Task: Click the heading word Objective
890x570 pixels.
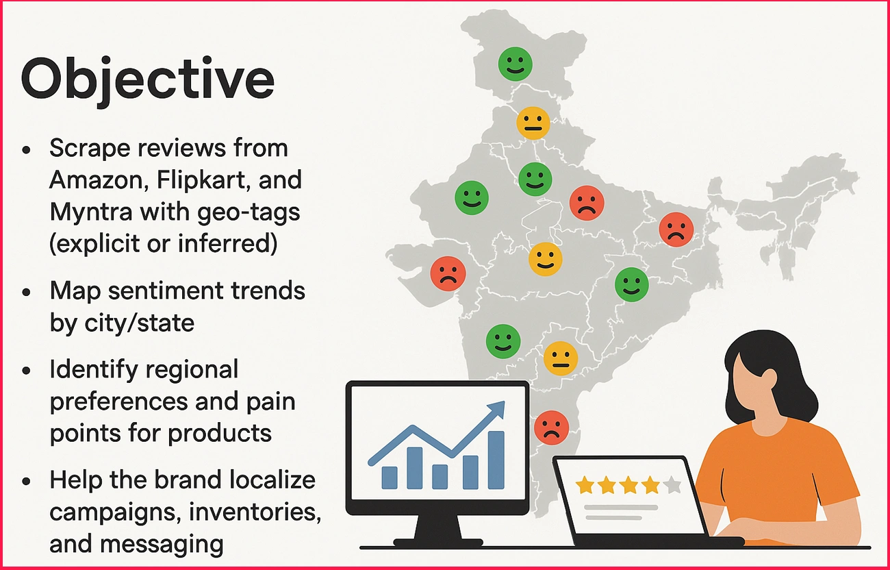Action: coord(148,81)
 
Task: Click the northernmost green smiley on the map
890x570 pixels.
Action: coord(515,64)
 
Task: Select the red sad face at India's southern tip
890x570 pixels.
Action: coord(550,427)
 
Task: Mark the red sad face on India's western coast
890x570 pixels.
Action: coord(448,273)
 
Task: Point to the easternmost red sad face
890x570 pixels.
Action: coord(676,230)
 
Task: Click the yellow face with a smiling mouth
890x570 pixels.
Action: coord(546,259)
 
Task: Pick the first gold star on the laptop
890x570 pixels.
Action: coord(585,485)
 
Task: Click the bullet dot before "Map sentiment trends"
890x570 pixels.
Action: coord(27,291)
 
